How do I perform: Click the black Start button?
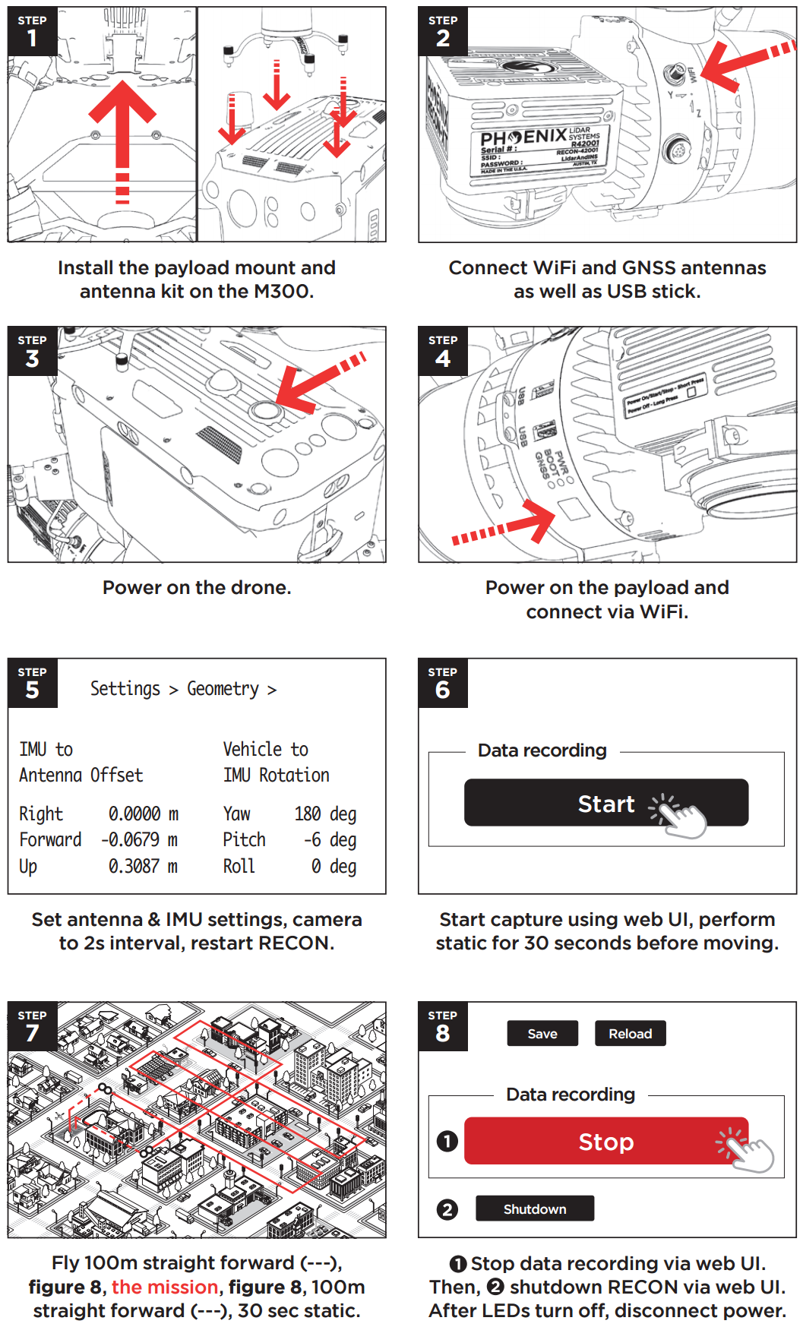coord(605,803)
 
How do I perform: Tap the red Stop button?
coord(605,1141)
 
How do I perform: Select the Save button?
coord(542,1034)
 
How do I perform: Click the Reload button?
coord(630,1034)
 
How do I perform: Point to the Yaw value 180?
coord(308,814)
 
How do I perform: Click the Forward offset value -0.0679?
coord(131,840)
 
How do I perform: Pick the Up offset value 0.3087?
coord(134,867)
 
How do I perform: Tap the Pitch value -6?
coord(312,840)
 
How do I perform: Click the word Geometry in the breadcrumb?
coord(223,689)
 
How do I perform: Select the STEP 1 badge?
coord(32,31)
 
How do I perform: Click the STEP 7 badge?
coord(32,1026)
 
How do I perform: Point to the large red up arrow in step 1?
coord(122,137)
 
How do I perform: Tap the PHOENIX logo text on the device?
coord(523,138)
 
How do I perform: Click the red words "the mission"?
coord(165,1287)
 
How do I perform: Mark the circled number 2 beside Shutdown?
coord(447,1209)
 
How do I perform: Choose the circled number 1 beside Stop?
coord(447,1141)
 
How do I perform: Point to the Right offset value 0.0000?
coord(134,814)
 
